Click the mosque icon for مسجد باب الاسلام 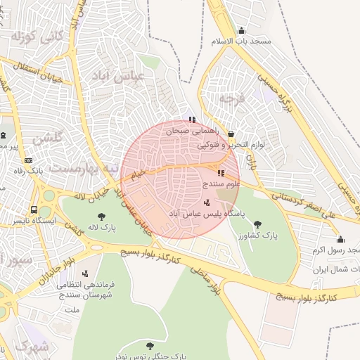click(x=242, y=30)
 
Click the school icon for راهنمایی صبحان click(x=192, y=120)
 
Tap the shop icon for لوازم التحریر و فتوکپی click(x=231, y=134)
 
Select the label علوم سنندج click(x=221, y=184)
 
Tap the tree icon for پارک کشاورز click(x=257, y=224)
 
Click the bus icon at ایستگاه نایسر click(x=34, y=210)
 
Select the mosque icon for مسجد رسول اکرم click(x=340, y=239)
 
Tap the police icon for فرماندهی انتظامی click(x=86, y=274)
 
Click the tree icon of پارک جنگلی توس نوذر click(x=150, y=346)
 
